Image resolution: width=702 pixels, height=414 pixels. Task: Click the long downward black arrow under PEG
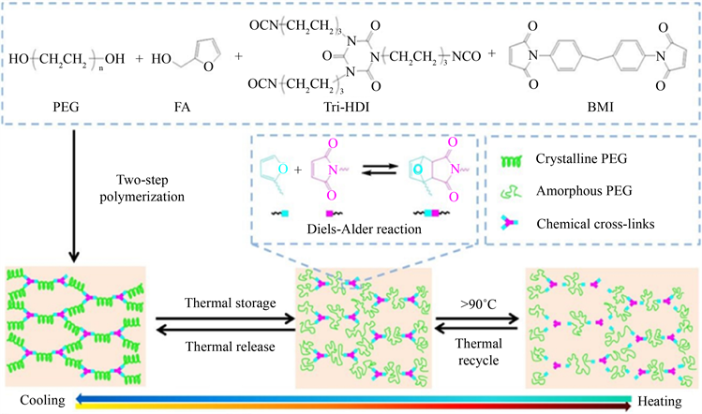click(72, 197)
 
